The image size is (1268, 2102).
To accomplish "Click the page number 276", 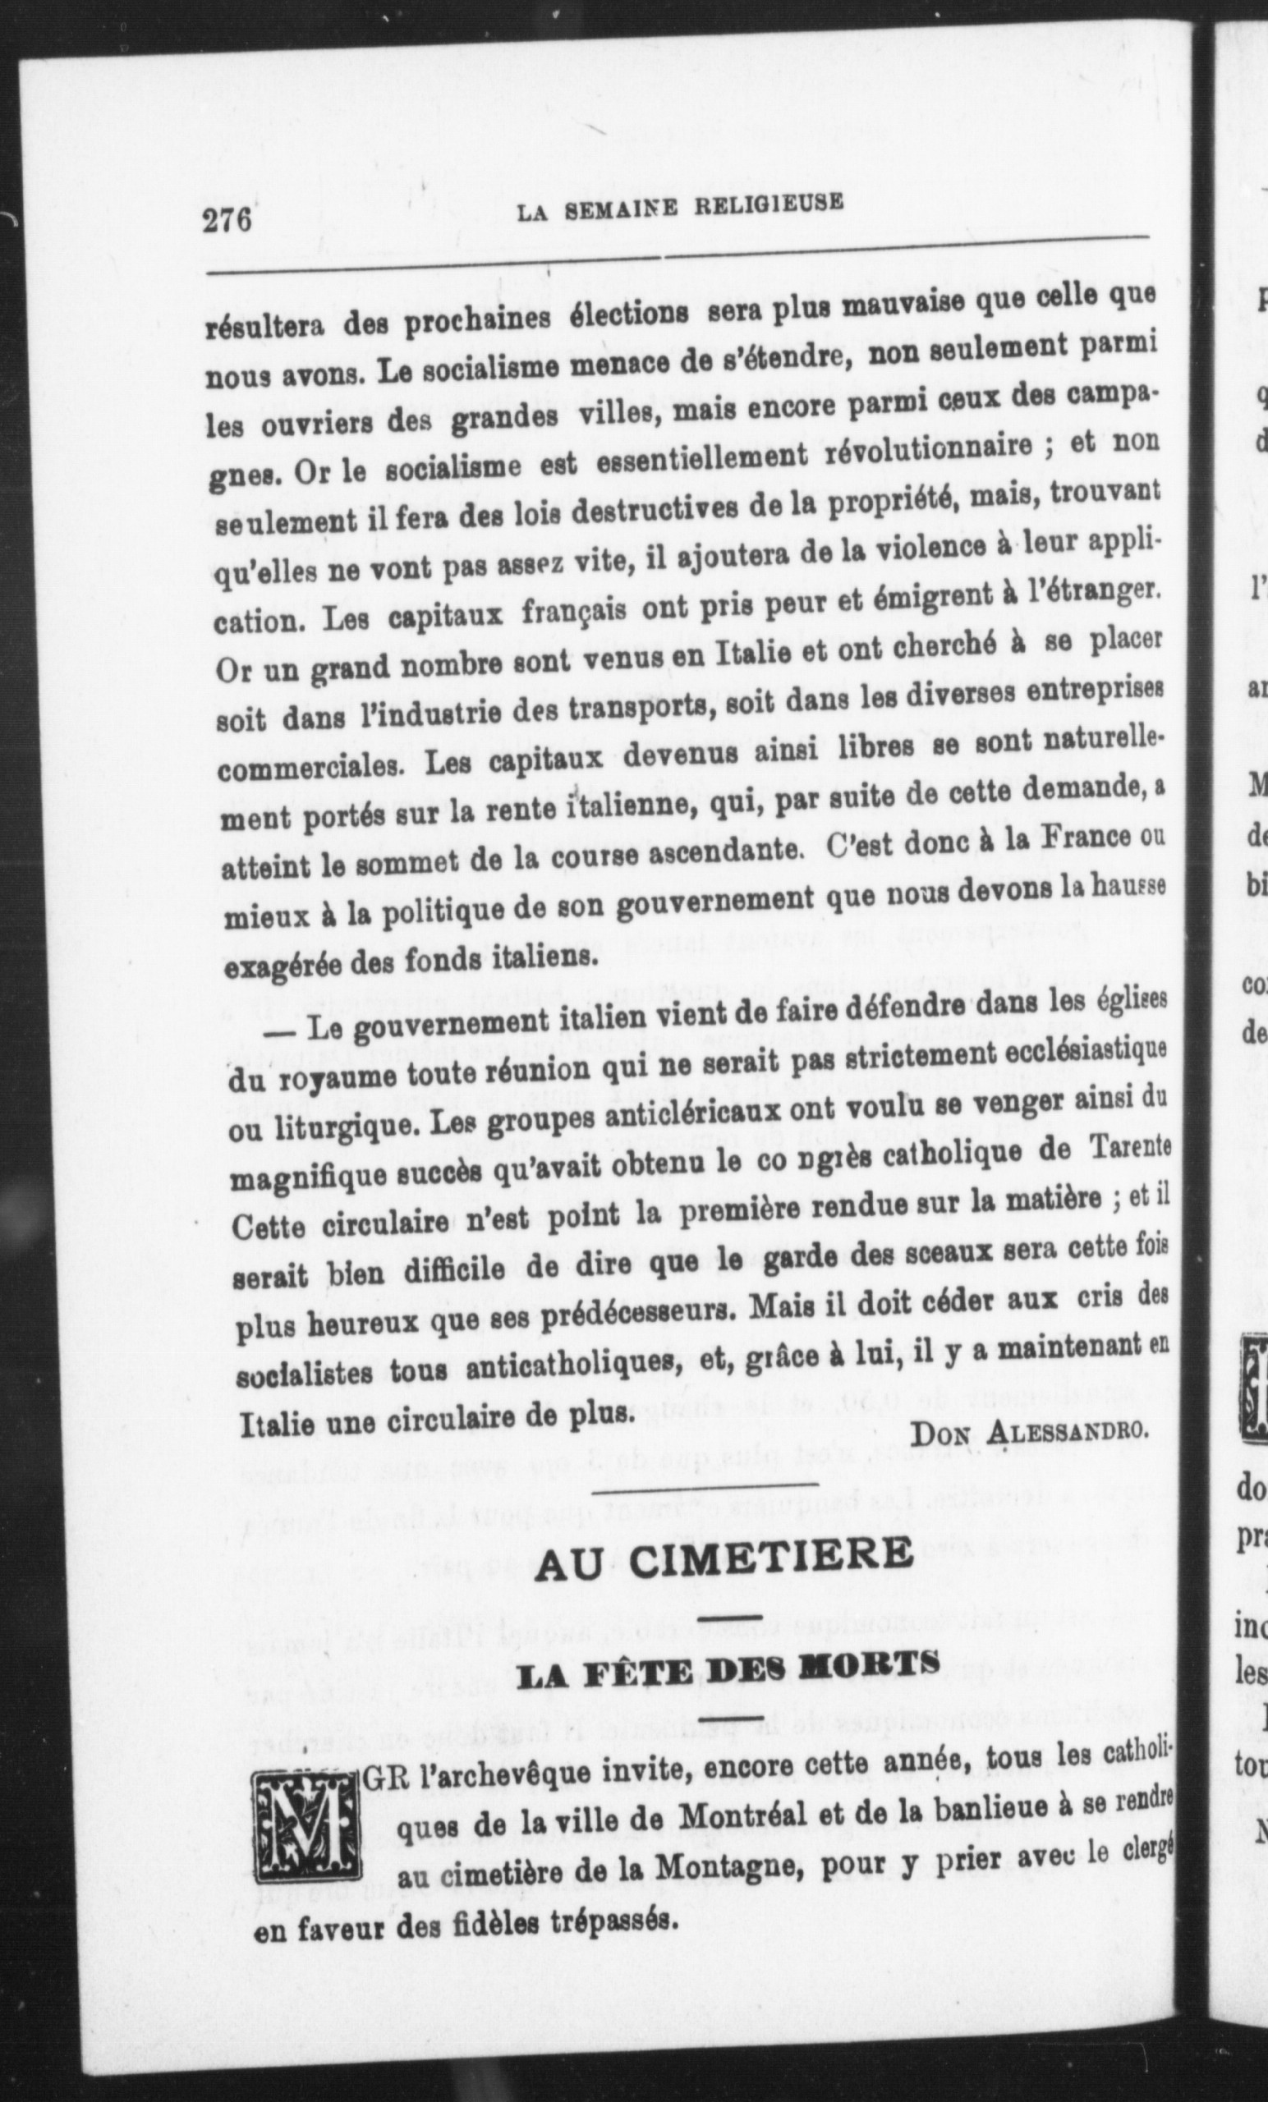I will [227, 221].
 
